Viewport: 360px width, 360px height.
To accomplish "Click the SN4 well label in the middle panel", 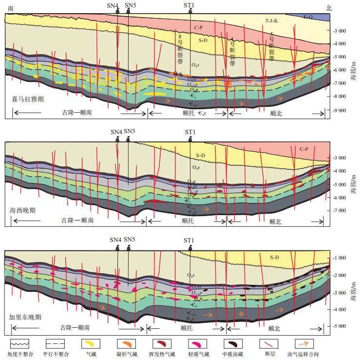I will click(116, 132).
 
